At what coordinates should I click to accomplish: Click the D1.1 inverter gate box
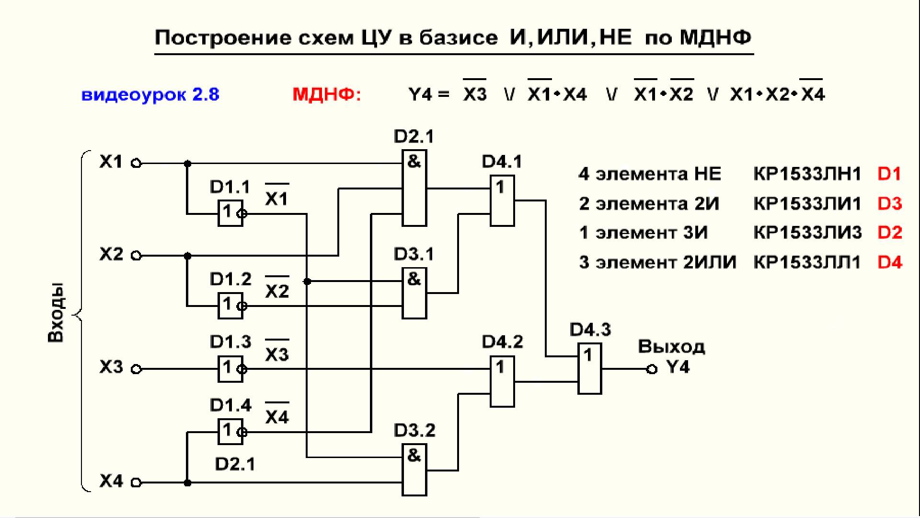click(230, 213)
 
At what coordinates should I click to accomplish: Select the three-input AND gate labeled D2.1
click(414, 188)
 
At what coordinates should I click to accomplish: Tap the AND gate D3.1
click(414, 293)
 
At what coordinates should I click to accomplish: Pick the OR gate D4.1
click(502, 200)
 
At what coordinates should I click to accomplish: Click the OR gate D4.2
click(502, 382)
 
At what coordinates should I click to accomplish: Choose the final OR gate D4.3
click(589, 369)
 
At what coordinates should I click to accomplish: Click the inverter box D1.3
click(230, 369)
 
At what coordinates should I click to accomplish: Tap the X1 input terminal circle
click(137, 164)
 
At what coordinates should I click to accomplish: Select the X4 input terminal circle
click(137, 483)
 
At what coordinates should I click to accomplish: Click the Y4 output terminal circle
click(651, 369)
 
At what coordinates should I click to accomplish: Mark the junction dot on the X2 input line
click(188, 256)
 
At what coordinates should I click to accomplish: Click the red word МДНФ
click(327, 94)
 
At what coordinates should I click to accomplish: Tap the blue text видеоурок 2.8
click(150, 94)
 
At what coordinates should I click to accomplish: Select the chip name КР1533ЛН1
click(807, 174)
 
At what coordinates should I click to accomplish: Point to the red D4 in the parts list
click(890, 262)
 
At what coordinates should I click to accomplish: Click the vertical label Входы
click(56, 313)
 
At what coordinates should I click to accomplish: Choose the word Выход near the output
click(671, 347)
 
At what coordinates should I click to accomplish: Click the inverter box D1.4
click(230, 432)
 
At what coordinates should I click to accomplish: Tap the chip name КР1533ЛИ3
click(807, 233)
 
